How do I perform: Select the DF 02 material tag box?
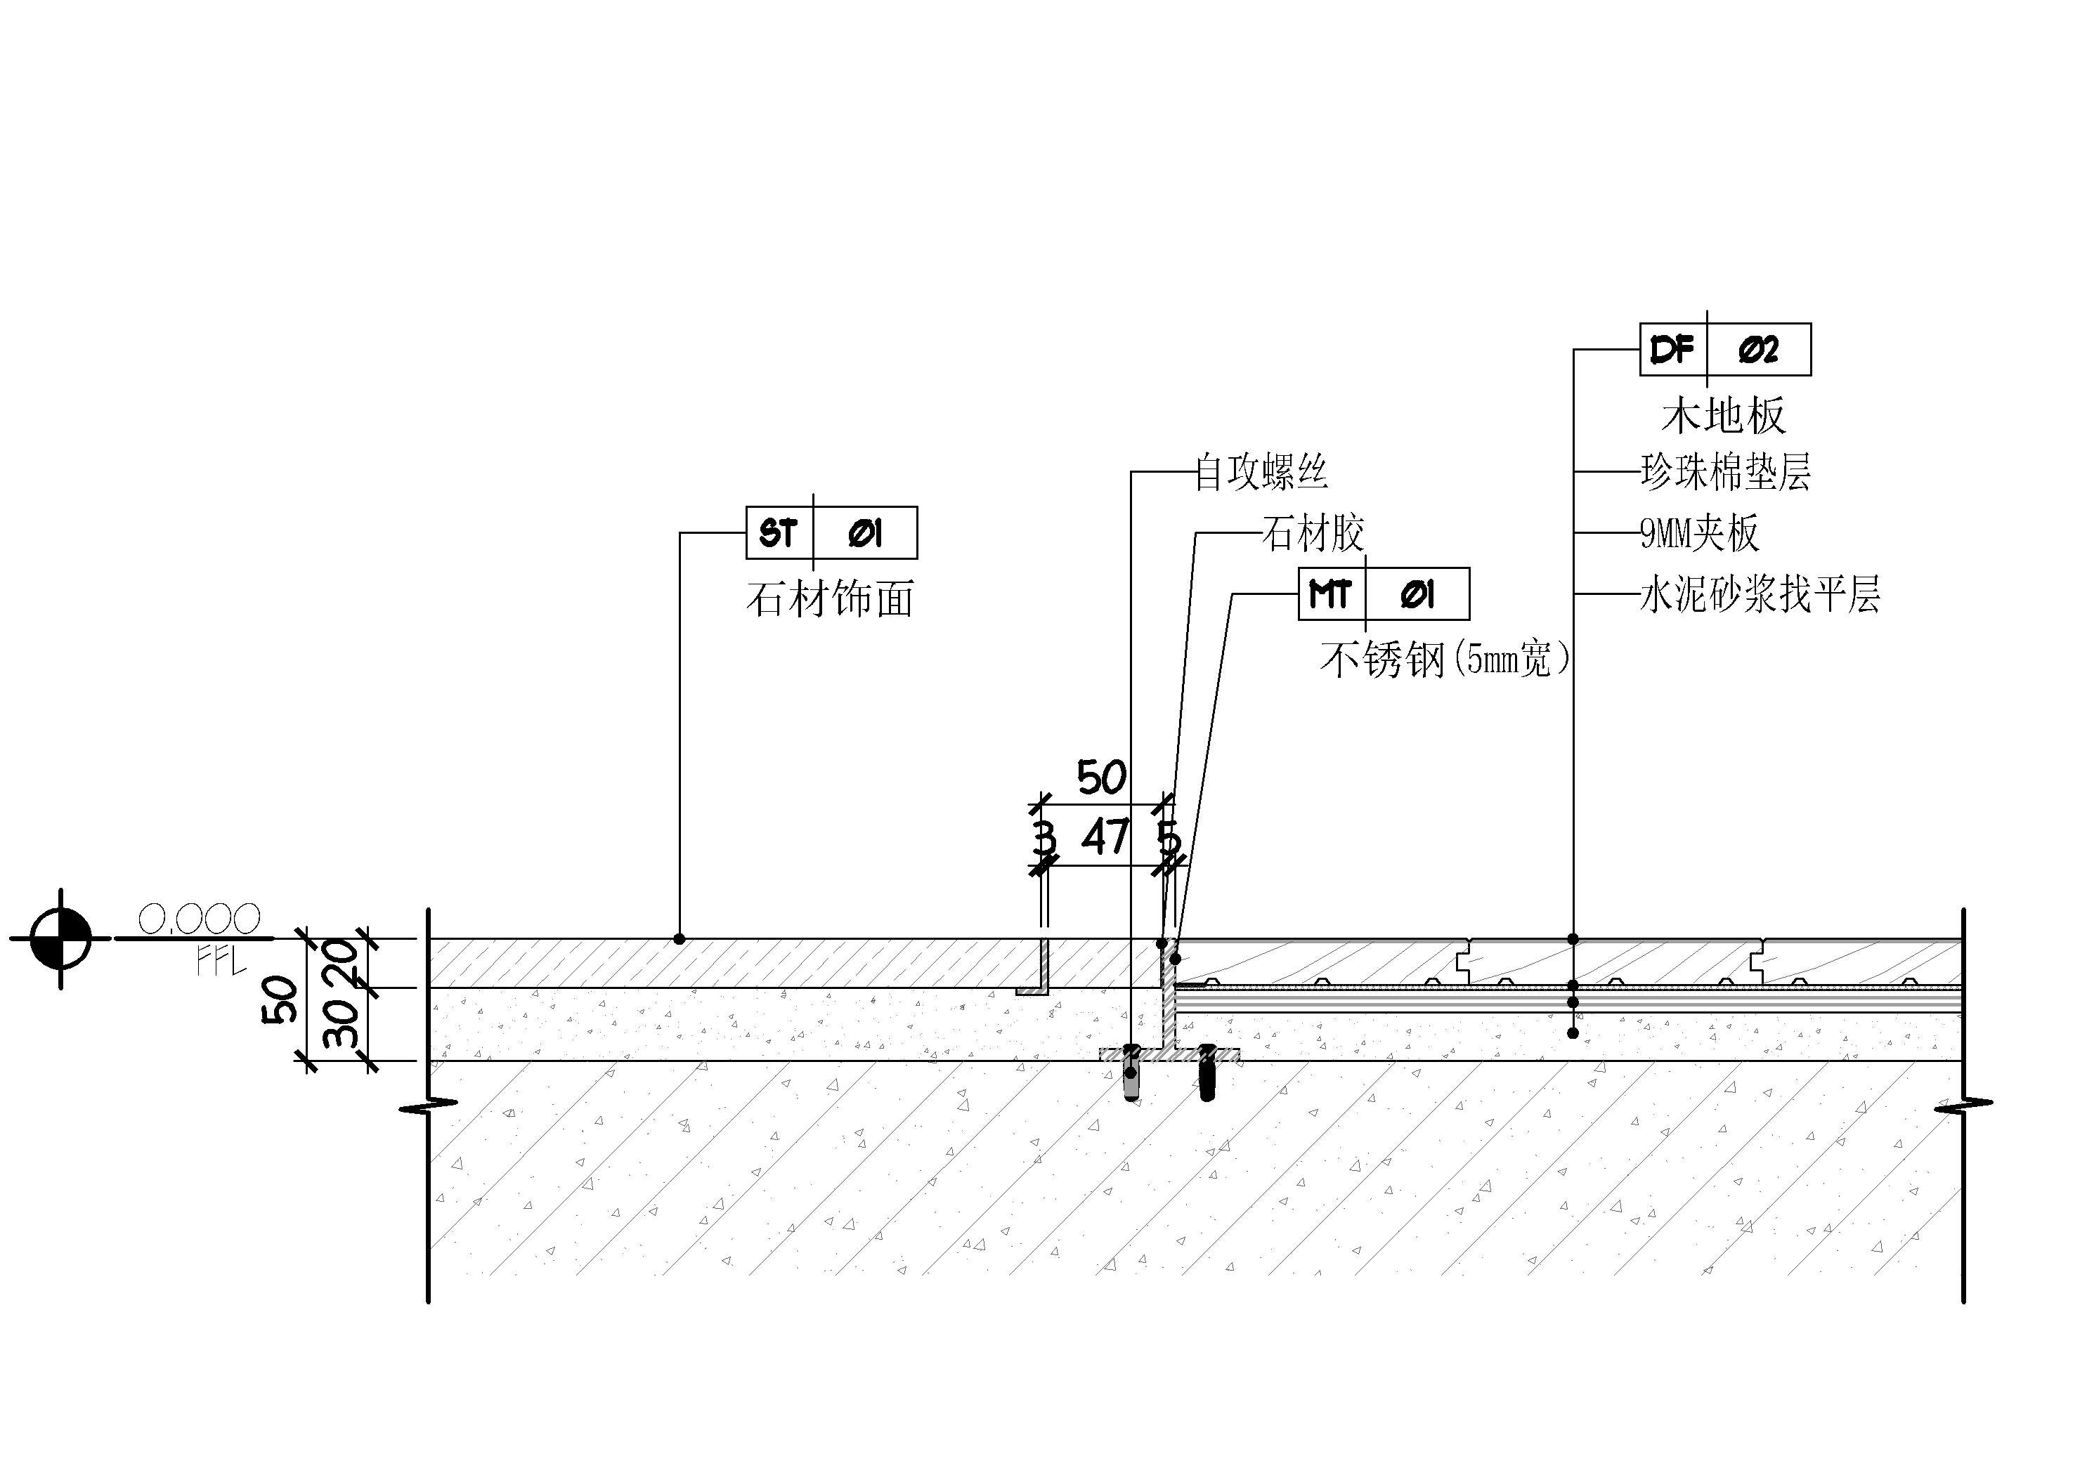[x=1724, y=349]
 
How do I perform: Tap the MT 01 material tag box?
[x=1384, y=594]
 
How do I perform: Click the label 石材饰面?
[x=830, y=600]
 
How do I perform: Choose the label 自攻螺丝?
[x=1261, y=473]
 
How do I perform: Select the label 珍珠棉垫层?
[x=1725, y=473]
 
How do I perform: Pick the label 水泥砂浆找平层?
[x=1760, y=596]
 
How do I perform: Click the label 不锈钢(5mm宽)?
[x=1445, y=660]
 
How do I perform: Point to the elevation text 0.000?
[x=199, y=919]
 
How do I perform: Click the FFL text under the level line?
[x=221, y=962]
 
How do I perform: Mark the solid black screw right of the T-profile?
[x=1207, y=1073]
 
